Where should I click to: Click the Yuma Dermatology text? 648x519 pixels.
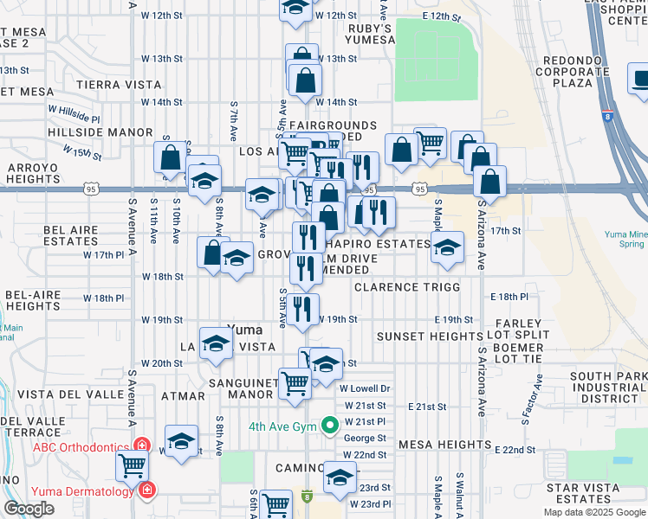(82, 491)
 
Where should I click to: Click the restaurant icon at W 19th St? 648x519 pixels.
(302, 309)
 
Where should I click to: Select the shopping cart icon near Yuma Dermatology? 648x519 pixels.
(133, 465)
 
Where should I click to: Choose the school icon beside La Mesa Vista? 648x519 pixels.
(216, 343)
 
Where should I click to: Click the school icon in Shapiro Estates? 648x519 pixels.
(446, 247)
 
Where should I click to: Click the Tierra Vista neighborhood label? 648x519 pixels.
(119, 85)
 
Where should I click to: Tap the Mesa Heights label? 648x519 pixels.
(444, 445)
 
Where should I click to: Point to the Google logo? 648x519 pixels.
(29, 508)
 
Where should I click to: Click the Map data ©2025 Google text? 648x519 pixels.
(594, 512)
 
